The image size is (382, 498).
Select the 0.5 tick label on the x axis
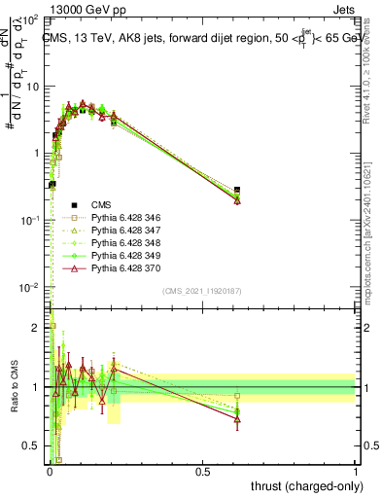202,472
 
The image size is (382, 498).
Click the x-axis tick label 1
356,472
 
